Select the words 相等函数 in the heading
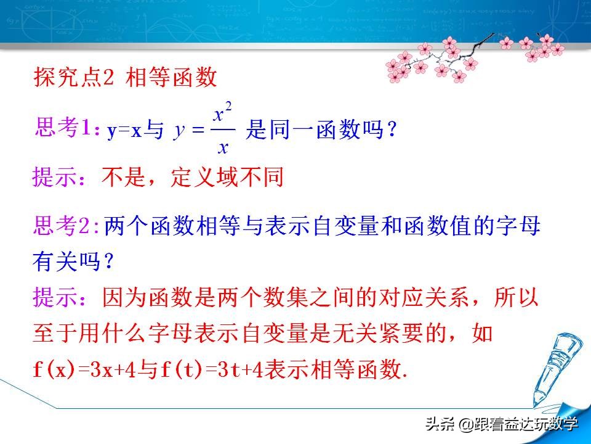coord(172,78)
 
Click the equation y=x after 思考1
coord(125,131)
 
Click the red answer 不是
coord(119,178)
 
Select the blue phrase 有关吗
coord(73,262)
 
